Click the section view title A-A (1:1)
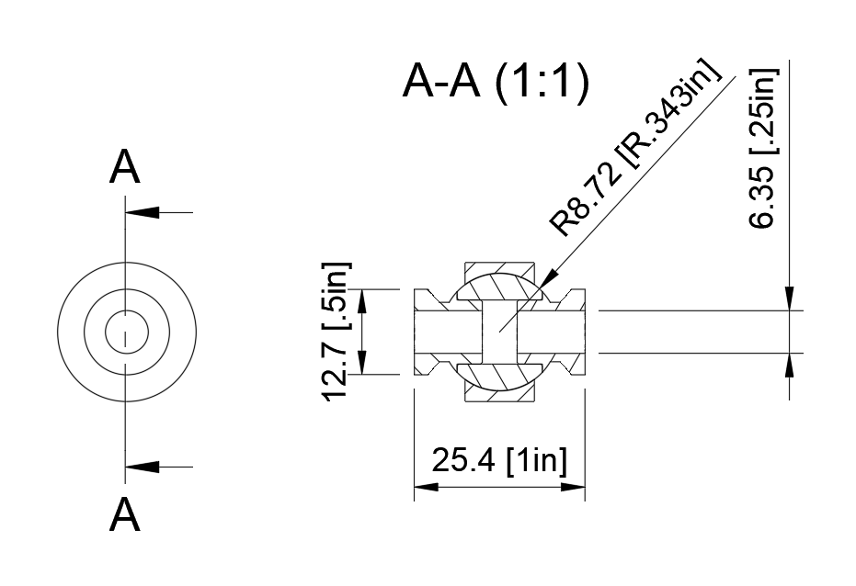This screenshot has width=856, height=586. pos(495,85)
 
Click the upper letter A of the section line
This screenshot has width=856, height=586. pos(125,169)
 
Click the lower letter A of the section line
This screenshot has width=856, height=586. pos(125,514)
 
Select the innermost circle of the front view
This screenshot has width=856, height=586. pos(124,332)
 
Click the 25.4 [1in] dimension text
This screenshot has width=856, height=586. pos(498,459)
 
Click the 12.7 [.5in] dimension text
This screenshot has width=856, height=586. pos(337,332)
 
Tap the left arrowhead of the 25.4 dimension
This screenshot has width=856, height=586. pos(424,487)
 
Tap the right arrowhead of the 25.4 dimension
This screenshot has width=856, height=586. pos(576,487)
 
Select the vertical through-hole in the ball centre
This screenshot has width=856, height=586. pos(499,332)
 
